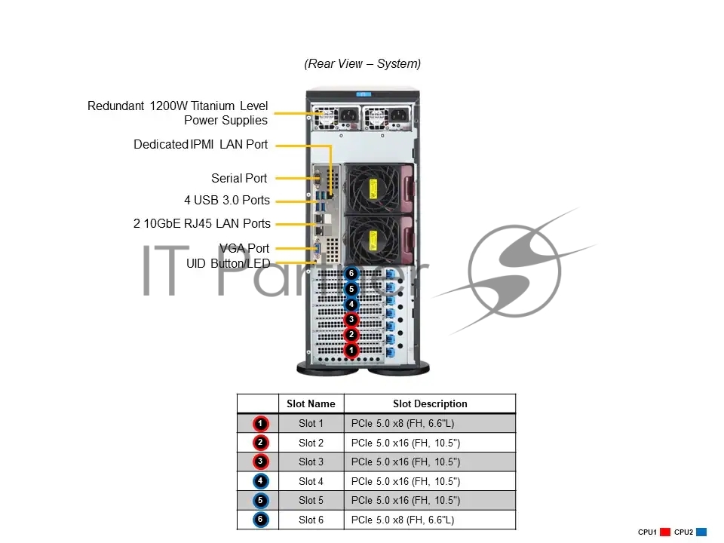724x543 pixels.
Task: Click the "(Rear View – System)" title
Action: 362,64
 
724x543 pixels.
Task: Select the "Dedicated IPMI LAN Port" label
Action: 201,145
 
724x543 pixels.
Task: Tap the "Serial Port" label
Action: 239,179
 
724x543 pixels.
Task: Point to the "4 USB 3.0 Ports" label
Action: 227,201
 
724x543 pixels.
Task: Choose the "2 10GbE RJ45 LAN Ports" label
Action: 202,223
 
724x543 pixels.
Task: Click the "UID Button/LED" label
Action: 228,263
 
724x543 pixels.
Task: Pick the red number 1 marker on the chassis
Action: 351,350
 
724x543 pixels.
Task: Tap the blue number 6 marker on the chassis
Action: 351,274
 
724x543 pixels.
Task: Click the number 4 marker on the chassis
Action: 351,305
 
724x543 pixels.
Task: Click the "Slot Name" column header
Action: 311,404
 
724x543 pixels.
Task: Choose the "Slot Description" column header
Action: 430,404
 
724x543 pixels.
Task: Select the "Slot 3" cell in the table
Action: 311,462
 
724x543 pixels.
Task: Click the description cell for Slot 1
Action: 430,424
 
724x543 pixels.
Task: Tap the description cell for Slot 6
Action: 430,520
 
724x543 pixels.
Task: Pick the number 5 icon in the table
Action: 260,500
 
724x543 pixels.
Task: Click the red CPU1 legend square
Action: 665,532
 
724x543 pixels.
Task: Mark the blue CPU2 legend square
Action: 701,532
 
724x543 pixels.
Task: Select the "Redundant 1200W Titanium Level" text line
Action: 178,106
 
